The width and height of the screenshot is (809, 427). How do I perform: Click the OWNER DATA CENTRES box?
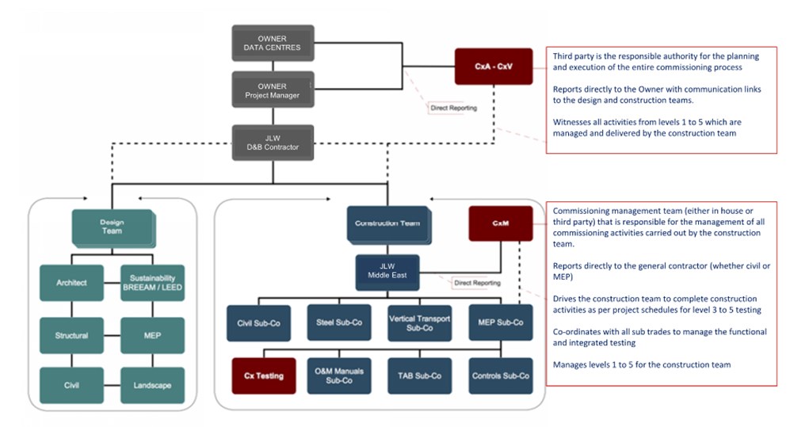[x=272, y=43]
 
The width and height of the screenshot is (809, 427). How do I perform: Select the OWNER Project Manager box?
[x=272, y=90]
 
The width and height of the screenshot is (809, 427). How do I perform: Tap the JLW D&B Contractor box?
[x=272, y=143]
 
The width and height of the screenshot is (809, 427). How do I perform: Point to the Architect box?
[x=71, y=283]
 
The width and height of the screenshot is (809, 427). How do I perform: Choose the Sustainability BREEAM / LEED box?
[x=152, y=283]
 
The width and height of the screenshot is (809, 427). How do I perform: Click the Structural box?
[x=71, y=336]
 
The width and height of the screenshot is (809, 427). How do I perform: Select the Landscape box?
[x=152, y=386]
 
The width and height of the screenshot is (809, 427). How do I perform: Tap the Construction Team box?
[x=387, y=224]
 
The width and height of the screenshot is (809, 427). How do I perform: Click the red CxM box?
[x=500, y=224]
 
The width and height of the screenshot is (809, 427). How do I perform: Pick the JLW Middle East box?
[x=387, y=272]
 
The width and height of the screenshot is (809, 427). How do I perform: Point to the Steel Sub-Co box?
[x=338, y=323]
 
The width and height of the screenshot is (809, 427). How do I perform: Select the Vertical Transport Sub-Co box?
[x=419, y=323]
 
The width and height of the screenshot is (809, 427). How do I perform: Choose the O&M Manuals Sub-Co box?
[x=338, y=376]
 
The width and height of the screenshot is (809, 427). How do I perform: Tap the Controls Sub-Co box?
[x=500, y=376]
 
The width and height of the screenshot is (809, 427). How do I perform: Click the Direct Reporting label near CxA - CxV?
[x=453, y=108]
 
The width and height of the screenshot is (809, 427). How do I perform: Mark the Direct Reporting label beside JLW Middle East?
[x=476, y=283]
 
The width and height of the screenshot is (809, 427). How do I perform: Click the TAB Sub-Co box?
[x=419, y=376]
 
